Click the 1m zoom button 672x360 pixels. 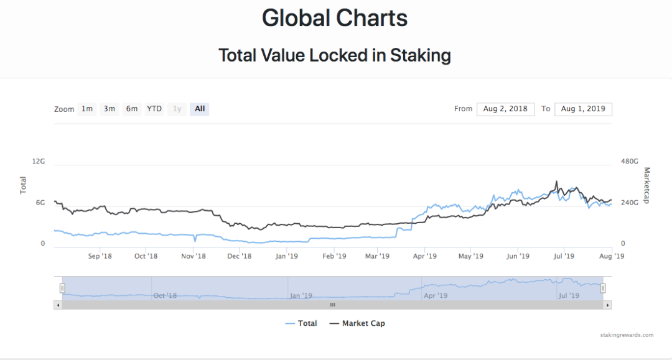click(x=87, y=109)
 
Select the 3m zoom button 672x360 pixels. click(x=110, y=109)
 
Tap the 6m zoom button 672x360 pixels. click(x=132, y=109)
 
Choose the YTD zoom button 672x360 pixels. click(x=154, y=109)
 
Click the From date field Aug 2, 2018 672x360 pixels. click(x=505, y=109)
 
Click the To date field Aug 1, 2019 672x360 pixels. click(x=583, y=109)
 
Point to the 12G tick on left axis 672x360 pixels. click(x=39, y=161)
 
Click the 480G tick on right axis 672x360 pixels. click(x=630, y=161)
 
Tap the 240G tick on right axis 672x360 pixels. click(x=630, y=203)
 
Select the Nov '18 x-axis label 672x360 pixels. click(x=194, y=256)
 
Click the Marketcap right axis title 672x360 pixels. click(x=646, y=185)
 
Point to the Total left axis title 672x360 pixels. click(x=24, y=185)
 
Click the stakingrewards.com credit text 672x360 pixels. click(x=627, y=335)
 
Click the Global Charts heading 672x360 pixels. click(x=335, y=17)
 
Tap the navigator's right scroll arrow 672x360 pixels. click(x=608, y=305)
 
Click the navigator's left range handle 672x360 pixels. click(x=62, y=288)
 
